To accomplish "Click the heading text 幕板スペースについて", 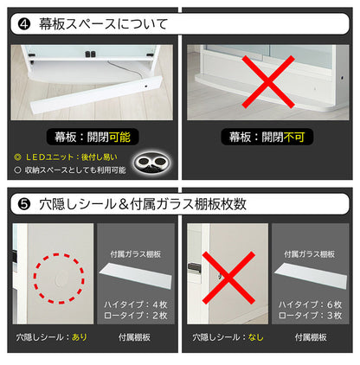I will [x=98, y=22].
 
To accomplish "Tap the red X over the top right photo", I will [x=269, y=80].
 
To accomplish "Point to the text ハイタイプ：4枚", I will [x=134, y=304].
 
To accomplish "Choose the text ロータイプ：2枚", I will [x=134, y=317].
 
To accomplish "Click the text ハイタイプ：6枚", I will [x=309, y=304].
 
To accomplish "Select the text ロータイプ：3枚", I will [x=309, y=317].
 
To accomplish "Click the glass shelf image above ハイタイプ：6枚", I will [x=309, y=274].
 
